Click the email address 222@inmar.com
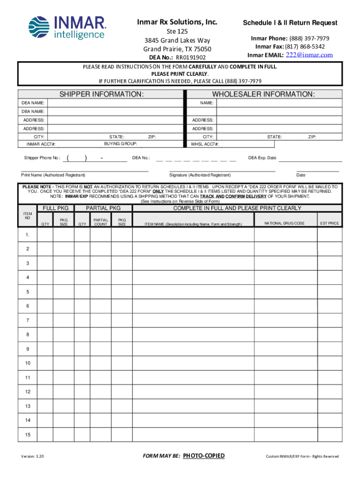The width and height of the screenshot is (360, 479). point(309,55)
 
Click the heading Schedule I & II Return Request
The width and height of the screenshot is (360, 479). point(290,23)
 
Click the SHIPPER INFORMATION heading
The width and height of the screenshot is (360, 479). point(101,94)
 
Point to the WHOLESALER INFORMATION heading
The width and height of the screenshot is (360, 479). point(263,94)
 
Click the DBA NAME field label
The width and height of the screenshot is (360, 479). point(33,111)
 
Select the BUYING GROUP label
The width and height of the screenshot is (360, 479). point(120,144)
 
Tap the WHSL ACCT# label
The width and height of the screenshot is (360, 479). point(204,145)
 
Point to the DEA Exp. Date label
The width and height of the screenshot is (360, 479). point(262,158)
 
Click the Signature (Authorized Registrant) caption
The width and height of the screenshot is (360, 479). point(200,175)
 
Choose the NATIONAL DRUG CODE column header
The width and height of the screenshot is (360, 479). point(284,224)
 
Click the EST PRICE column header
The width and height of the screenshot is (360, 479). point(330,224)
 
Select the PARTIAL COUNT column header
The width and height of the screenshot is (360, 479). point(101,222)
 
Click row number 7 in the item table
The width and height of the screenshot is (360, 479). point(28,320)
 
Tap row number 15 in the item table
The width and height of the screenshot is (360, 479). point(28,435)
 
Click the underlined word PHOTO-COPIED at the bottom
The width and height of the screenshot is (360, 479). point(203,456)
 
